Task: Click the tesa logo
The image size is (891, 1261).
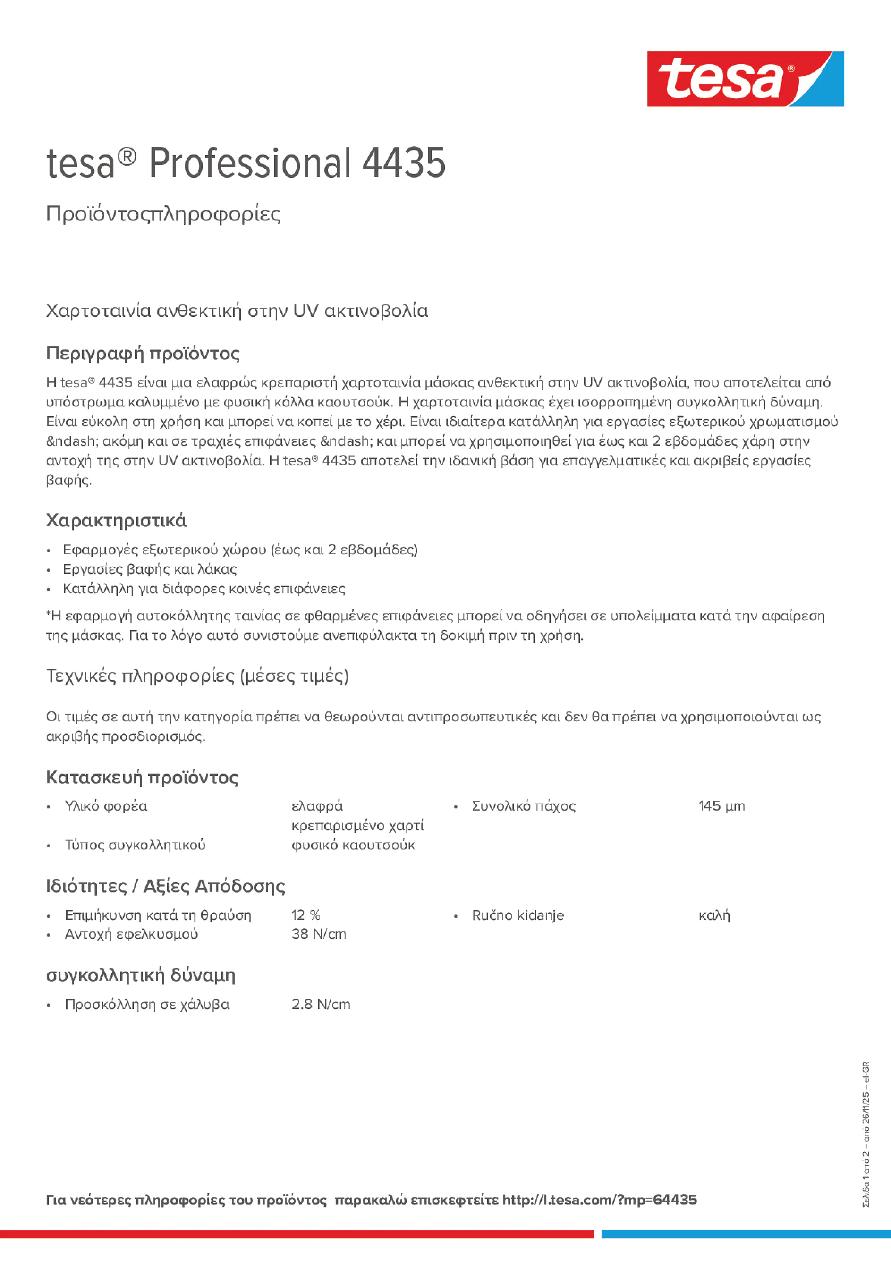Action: pyautogui.click(x=745, y=79)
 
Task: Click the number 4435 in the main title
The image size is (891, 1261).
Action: pyautogui.click(x=403, y=163)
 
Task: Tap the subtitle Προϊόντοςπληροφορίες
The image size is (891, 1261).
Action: pyautogui.click(x=163, y=214)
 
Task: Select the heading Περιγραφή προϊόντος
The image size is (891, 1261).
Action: pyautogui.click(x=143, y=353)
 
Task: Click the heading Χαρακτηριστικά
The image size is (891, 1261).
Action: pyautogui.click(x=116, y=520)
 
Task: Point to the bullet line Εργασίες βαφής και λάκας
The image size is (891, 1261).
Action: pyautogui.click(x=149, y=569)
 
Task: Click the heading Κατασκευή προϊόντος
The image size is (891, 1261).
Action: pyautogui.click(x=142, y=777)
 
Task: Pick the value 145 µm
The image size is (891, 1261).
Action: pyautogui.click(x=721, y=806)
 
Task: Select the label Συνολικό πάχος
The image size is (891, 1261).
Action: pyautogui.click(x=523, y=806)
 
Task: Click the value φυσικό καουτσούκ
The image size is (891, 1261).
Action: pyautogui.click(x=353, y=845)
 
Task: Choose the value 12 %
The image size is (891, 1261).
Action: pyautogui.click(x=305, y=915)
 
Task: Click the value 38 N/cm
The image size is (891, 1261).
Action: pyautogui.click(x=319, y=934)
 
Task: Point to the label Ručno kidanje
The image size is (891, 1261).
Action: pyautogui.click(x=518, y=915)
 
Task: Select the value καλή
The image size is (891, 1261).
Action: pyautogui.click(x=713, y=915)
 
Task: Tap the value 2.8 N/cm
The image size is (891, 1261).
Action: pyautogui.click(x=321, y=1004)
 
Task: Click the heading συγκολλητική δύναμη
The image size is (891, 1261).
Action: pyautogui.click(x=141, y=975)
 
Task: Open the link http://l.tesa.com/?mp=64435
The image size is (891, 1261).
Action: pyautogui.click(x=599, y=1200)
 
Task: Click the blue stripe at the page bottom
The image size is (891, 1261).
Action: pyautogui.click(x=746, y=1234)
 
